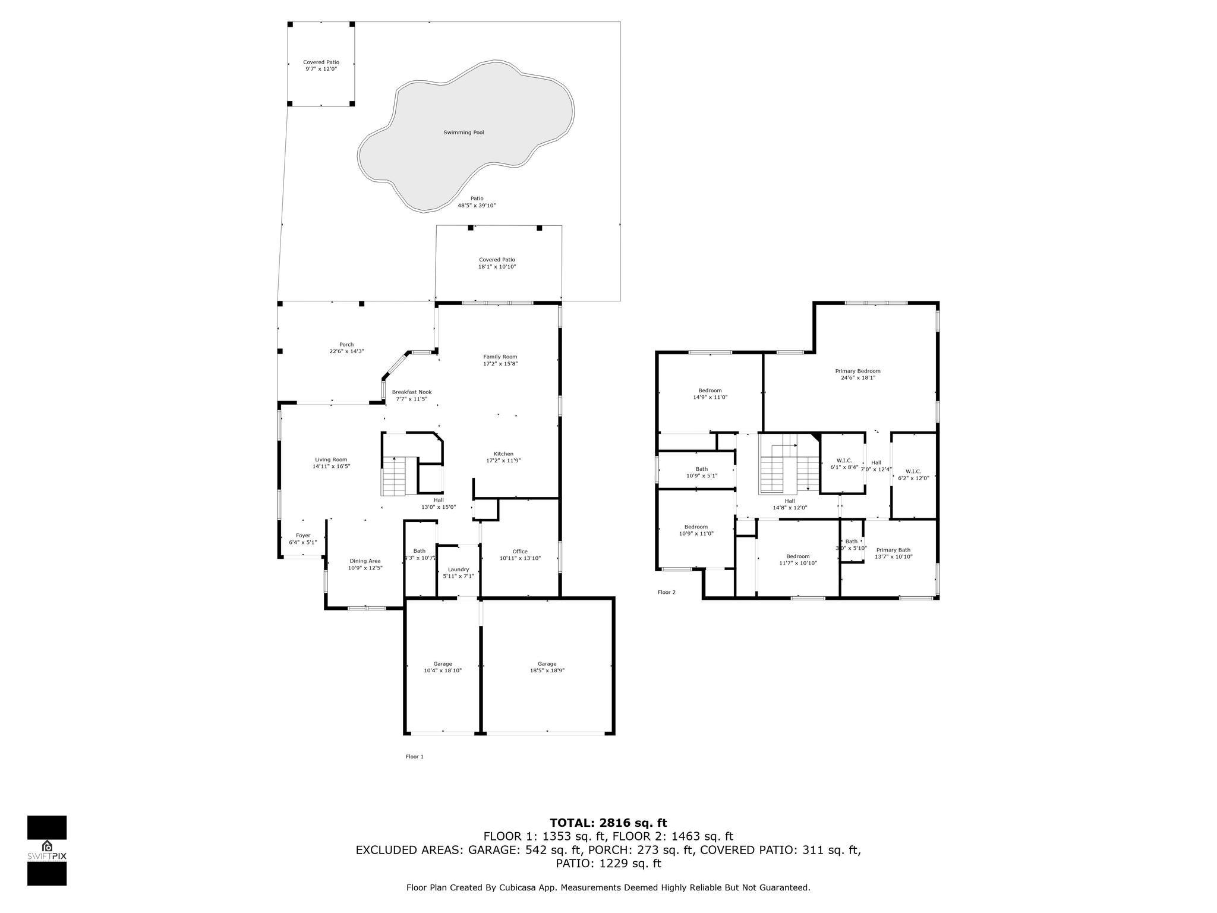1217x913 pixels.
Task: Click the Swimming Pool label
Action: pos(464,133)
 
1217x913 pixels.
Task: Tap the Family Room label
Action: pos(500,357)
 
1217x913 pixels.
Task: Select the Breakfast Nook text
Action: pos(411,392)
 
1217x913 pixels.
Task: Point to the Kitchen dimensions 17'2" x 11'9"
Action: pos(503,460)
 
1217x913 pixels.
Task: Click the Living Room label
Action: pos(331,459)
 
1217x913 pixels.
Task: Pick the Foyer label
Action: pos(303,535)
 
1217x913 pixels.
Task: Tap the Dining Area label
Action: pos(365,561)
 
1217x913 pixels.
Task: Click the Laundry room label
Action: pos(458,569)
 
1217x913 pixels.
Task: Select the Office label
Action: pos(520,551)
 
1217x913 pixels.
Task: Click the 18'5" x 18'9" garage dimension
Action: pos(547,670)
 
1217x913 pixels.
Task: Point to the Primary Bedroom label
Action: pos(857,371)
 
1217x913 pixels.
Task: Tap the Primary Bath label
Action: pos(893,550)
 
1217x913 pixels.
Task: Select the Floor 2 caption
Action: pos(666,592)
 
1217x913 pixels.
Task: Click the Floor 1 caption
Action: pos(414,757)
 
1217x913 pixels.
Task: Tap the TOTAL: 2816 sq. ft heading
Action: pos(608,823)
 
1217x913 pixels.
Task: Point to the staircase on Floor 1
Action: pos(393,476)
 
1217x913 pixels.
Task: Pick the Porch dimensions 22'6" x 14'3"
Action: pos(346,351)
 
